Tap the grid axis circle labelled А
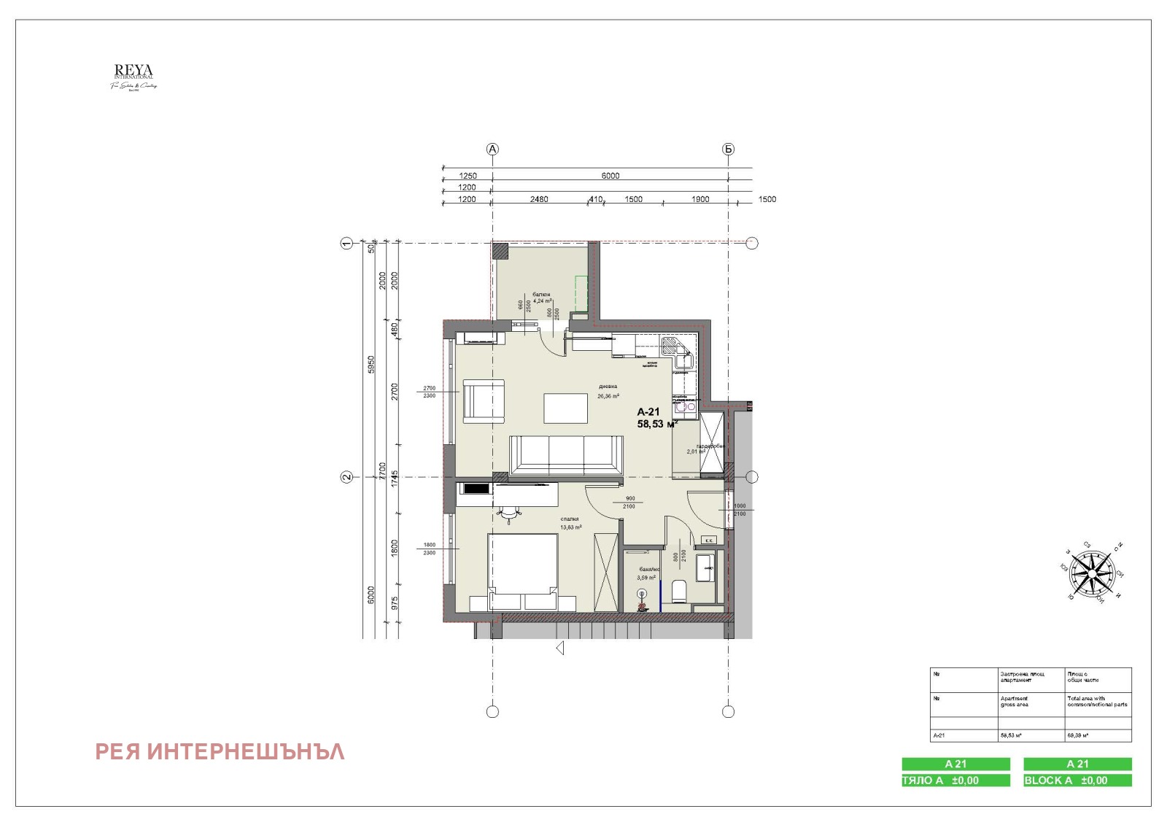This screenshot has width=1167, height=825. (492, 149)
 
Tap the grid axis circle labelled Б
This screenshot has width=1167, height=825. (728, 149)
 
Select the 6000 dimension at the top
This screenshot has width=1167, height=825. (610, 176)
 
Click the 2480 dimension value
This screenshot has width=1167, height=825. (539, 199)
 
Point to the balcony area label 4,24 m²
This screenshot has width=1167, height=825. (542, 301)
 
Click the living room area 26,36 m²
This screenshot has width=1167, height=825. (608, 396)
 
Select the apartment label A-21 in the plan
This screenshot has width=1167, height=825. (648, 411)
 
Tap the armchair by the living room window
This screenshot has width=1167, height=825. (484, 401)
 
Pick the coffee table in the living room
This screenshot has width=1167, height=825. (566, 408)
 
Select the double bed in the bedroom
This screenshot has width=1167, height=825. (522, 570)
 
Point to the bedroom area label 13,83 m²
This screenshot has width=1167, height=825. (570, 527)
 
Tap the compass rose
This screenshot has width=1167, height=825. (1092, 573)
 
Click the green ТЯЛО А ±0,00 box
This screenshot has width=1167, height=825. (955, 780)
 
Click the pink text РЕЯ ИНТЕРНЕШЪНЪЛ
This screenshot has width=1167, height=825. (220, 751)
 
